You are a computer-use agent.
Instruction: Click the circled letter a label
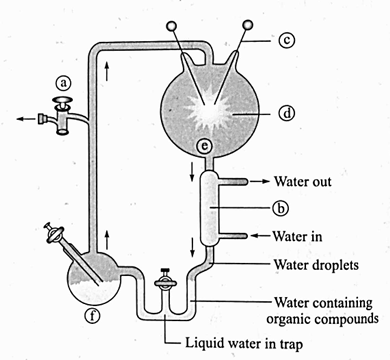pyautogui.click(x=63, y=83)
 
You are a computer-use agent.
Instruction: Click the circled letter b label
pyautogui.click(x=280, y=208)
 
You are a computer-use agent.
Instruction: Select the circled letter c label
pyautogui.click(x=286, y=41)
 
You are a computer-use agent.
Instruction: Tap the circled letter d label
pyautogui.click(x=286, y=114)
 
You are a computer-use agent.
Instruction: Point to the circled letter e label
pyautogui.click(x=205, y=146)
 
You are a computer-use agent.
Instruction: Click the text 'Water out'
pyautogui.click(x=303, y=182)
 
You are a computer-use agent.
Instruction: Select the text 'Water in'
pyautogui.click(x=297, y=236)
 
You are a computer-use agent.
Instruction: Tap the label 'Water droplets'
pyautogui.click(x=316, y=265)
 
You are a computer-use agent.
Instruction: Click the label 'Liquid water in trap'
pyautogui.click(x=244, y=343)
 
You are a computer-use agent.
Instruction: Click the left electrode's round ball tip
pyautogui.click(x=172, y=26)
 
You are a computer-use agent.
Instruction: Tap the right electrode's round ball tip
pyautogui.click(x=248, y=24)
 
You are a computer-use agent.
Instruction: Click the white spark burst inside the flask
pyautogui.click(x=209, y=111)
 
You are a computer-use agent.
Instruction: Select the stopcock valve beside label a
pyautogui.click(x=63, y=116)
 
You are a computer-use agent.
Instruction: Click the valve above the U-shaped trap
pyautogui.click(x=163, y=280)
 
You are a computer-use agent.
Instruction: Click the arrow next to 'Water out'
pyautogui.click(x=260, y=181)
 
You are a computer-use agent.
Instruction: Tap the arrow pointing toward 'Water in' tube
pyautogui.click(x=260, y=236)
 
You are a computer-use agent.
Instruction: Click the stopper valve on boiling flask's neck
pyautogui.click(x=53, y=234)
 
